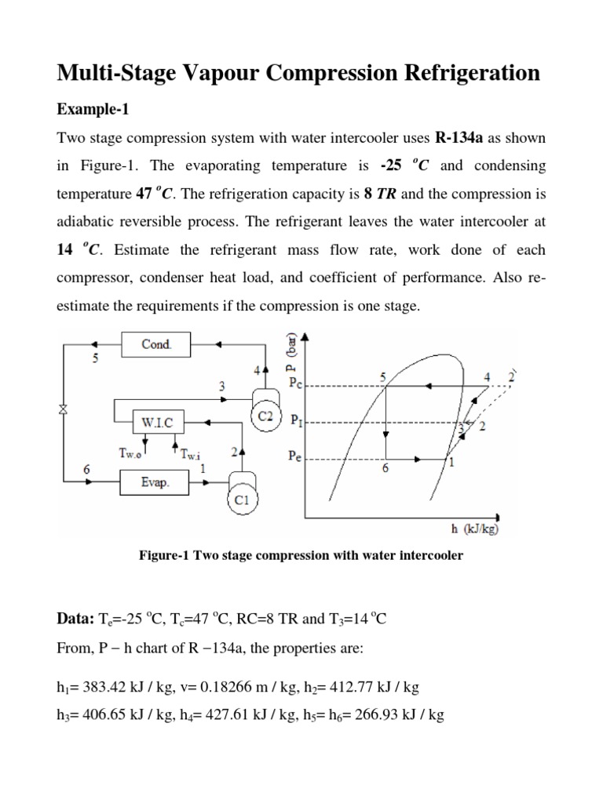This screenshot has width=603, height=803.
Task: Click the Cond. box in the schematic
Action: coord(155,344)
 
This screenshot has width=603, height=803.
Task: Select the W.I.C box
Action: coord(156,422)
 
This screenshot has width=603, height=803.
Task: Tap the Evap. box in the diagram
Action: coord(155,482)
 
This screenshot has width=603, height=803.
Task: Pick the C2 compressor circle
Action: coord(265,416)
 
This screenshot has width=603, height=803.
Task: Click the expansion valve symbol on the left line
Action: coord(61,409)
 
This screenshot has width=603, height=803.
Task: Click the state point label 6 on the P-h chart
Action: coord(385,468)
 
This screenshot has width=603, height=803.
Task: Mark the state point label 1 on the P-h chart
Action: coord(451,463)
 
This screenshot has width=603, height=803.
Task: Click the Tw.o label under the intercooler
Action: coord(131,452)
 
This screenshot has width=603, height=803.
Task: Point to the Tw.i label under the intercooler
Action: coord(192,453)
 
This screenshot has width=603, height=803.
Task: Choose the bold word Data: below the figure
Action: coord(75,619)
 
